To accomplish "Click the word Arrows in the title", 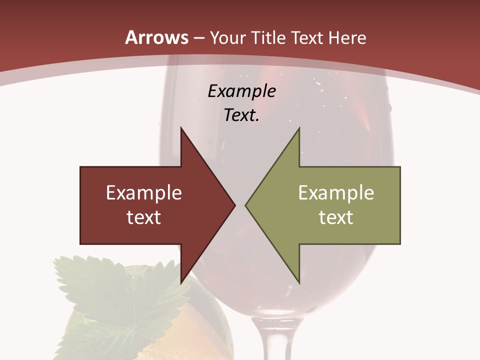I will (156, 37).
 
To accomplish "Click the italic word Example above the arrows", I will (242, 91).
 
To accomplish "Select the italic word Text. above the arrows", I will (242, 115).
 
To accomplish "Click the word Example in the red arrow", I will (144, 192).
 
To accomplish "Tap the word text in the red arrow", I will (144, 217).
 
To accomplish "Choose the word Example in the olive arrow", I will (336, 192).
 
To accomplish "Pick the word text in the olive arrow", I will (336, 217).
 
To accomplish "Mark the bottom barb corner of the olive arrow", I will (299, 282).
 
